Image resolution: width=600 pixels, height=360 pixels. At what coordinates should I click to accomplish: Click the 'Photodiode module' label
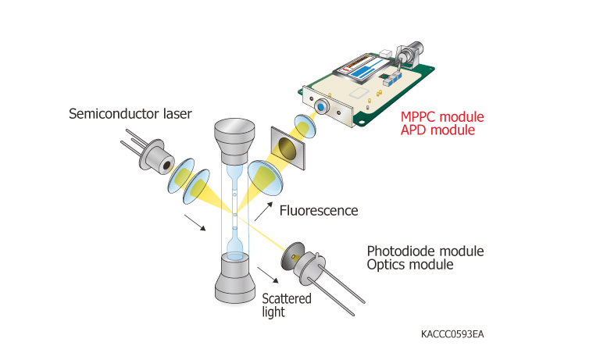pyautogui.click(x=425, y=251)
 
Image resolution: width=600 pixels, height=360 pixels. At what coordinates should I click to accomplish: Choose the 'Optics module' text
pyautogui.click(x=410, y=265)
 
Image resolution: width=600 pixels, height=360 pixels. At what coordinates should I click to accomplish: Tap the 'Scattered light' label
pyautogui.click(x=286, y=305)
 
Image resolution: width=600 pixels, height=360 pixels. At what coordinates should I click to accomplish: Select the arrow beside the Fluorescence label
pyautogui.click(x=268, y=210)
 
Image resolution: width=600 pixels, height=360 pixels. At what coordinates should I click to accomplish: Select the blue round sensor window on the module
pyautogui.click(x=321, y=105)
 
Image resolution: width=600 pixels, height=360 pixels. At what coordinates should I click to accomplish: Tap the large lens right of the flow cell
pyautogui.click(x=264, y=178)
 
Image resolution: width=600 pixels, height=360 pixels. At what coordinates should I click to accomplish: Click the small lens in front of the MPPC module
pyautogui.click(x=304, y=124)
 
